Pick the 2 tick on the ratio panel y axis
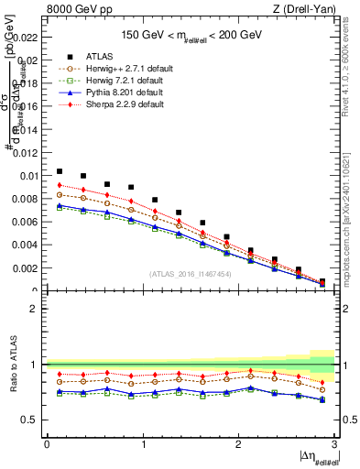tap(35, 309)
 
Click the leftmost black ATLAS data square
tap(60, 171)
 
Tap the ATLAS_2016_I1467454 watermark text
tap(189, 273)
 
